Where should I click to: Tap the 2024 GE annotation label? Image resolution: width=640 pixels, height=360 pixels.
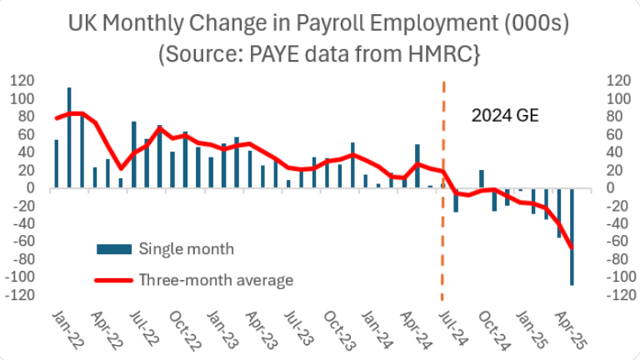point(505,116)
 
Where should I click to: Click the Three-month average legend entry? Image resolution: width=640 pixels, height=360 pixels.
point(215,279)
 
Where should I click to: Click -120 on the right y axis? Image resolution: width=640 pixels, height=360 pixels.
point(610,295)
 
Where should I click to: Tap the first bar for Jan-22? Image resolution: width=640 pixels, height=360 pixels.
point(57,163)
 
